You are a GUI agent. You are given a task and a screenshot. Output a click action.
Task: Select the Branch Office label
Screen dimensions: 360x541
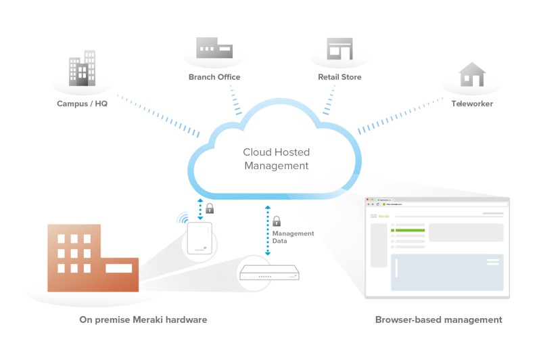coord(214,77)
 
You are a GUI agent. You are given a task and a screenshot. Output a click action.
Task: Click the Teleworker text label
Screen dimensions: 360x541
coord(472,104)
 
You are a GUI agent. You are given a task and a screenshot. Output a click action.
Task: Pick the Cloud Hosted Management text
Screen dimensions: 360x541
coord(276,159)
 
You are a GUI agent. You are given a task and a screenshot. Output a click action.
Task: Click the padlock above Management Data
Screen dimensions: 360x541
coord(276,221)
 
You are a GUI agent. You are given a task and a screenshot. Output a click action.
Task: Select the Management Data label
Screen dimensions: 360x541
coord(293,237)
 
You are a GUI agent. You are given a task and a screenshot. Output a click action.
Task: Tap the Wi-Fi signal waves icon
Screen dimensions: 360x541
coord(183,218)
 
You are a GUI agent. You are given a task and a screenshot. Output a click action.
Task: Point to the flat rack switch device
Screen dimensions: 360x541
coord(270,274)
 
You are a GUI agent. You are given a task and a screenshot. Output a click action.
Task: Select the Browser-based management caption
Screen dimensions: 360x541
coord(439,319)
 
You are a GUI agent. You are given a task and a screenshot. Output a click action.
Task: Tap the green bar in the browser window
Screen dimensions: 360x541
coord(408,230)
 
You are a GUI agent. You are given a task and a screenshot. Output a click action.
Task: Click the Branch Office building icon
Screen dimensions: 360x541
coord(214,49)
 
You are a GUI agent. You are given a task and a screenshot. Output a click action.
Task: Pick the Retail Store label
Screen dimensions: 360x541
coord(339,77)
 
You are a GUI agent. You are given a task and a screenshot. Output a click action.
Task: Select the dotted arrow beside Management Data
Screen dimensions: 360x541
coord(268,230)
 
